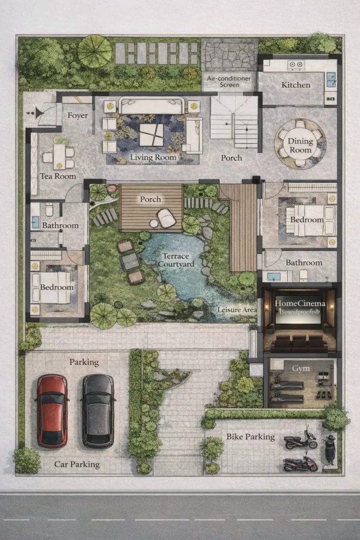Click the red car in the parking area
[x=52, y=411]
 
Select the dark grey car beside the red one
[x=98, y=411]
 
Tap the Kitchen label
[x=296, y=85]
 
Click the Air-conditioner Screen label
[x=229, y=82]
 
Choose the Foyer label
[x=77, y=115]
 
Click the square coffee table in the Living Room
[x=151, y=135]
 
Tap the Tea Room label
[x=58, y=176]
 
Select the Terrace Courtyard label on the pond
[x=176, y=260]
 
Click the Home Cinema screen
[x=298, y=309]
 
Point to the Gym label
[x=301, y=369]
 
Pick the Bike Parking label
[x=250, y=437]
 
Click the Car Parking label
[x=77, y=464]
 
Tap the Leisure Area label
[x=237, y=310]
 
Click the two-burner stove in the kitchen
[x=296, y=64]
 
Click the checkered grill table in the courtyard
[x=130, y=261]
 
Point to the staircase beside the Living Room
[x=234, y=122]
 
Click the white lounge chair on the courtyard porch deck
[x=167, y=218]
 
